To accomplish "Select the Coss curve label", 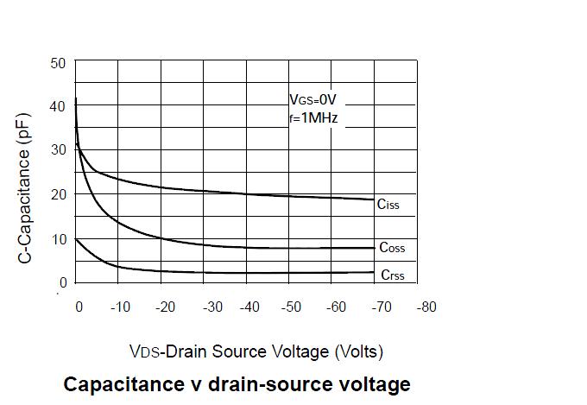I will (391, 248).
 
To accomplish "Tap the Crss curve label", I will (392, 275).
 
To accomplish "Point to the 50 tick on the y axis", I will (58, 63).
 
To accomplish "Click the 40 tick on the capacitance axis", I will (58, 106).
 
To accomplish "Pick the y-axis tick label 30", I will (58, 150).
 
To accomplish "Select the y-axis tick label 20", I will (58, 194).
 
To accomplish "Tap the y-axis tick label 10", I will (58, 239).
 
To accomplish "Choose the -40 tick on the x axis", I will (249, 307).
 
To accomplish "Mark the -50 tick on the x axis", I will (293, 307).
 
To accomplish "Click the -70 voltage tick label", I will (380, 307).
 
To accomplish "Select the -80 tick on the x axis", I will (426, 307).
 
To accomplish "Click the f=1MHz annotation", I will (313, 117).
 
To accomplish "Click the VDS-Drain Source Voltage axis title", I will (256, 351).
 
